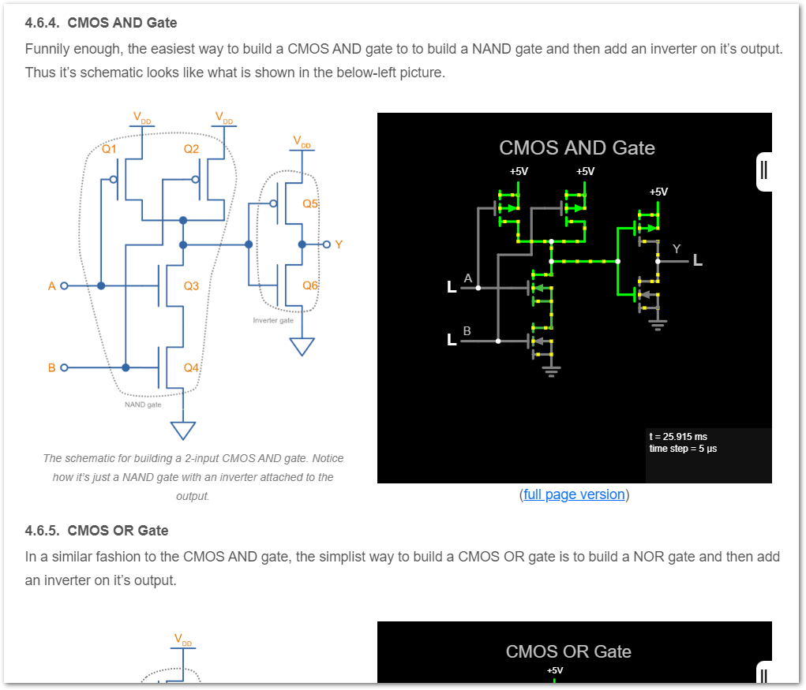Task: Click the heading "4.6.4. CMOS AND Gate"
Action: (101, 23)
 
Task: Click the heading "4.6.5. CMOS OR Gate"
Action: (96, 530)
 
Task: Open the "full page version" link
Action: (574, 494)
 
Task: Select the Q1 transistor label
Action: (109, 148)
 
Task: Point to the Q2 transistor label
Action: (191, 148)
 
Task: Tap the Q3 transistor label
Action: (191, 285)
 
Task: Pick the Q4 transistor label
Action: (191, 367)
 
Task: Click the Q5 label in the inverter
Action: (310, 203)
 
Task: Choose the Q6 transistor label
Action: (310, 285)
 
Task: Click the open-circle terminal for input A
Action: (65, 285)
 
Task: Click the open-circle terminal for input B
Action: (65, 367)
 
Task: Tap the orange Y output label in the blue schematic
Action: (339, 244)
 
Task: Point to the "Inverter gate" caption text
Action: (273, 321)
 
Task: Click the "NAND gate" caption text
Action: (143, 405)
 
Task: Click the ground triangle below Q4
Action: (183, 431)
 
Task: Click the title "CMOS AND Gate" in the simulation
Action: (577, 147)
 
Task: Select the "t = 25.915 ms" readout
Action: (678, 436)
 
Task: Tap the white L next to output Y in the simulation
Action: (698, 260)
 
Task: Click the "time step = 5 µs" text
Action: (683, 449)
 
